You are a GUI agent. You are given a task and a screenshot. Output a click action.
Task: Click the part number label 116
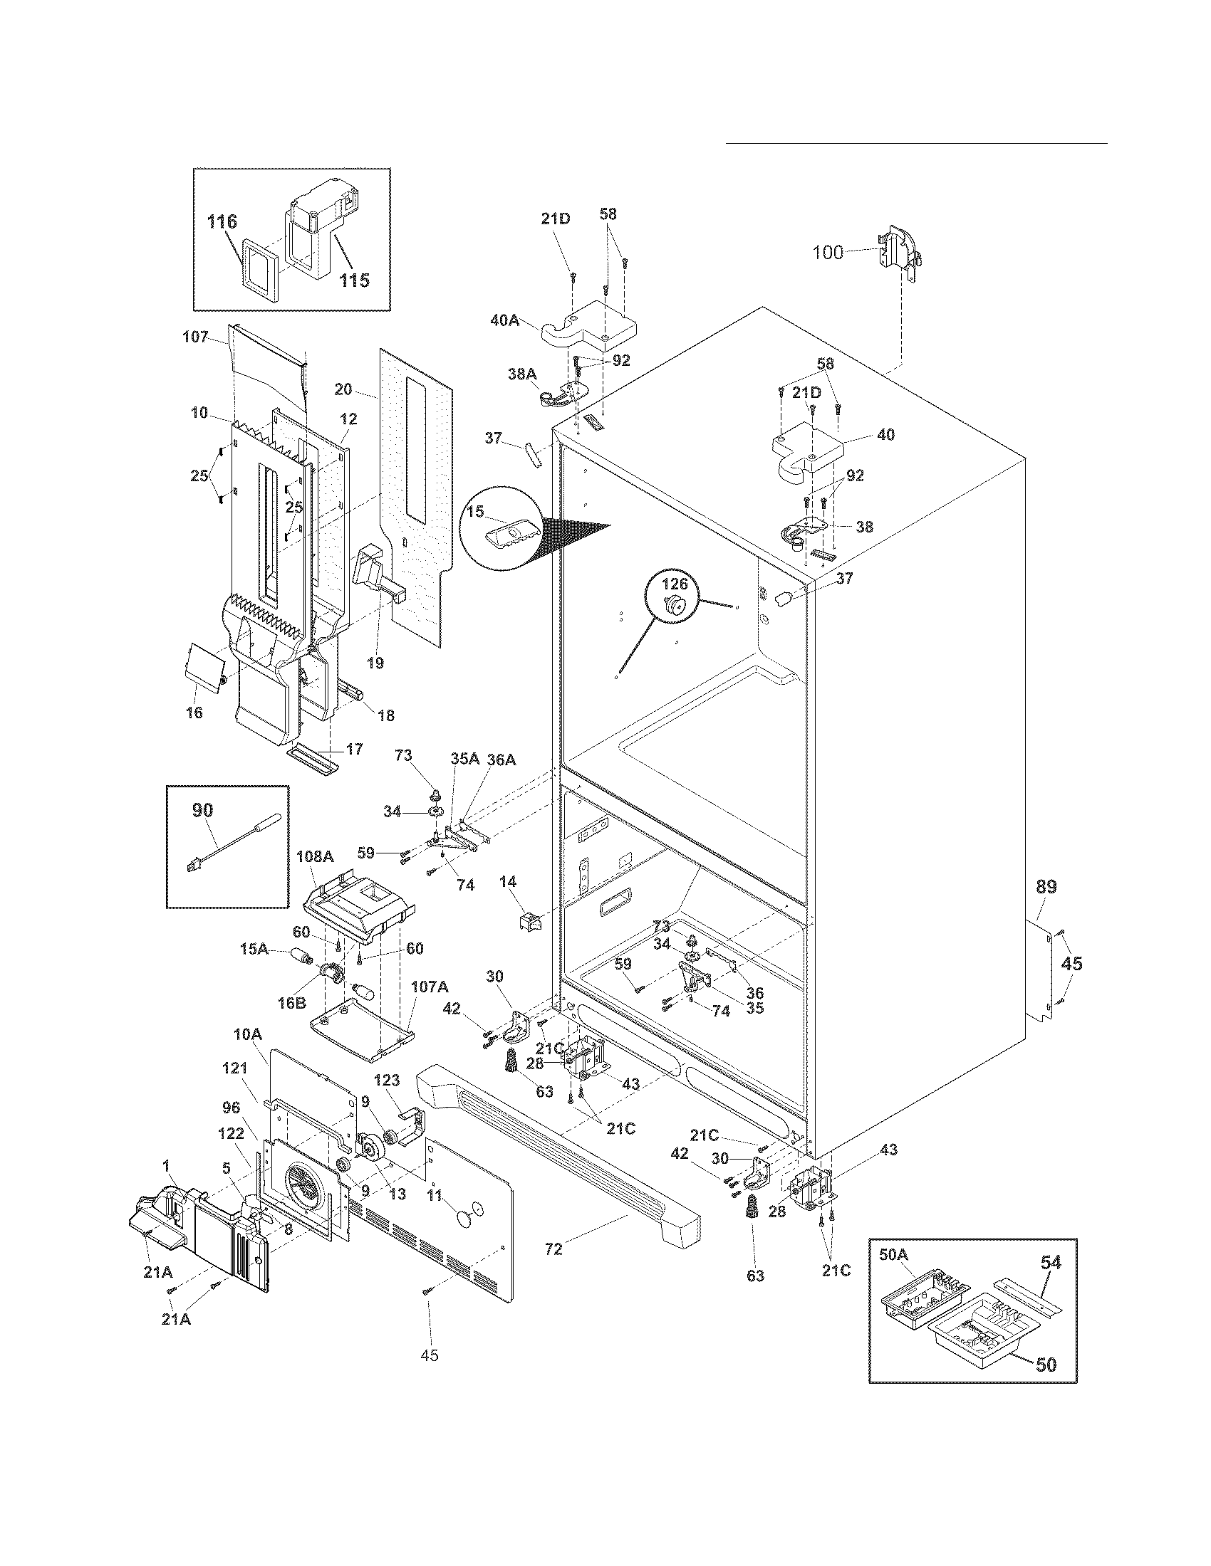click(x=222, y=221)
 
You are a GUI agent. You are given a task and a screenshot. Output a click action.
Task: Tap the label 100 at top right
click(x=828, y=253)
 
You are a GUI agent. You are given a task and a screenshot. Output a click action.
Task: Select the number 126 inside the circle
click(x=674, y=584)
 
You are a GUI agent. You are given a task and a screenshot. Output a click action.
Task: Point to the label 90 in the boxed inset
click(x=202, y=810)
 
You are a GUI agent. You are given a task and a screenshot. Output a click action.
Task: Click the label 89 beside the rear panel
click(x=1046, y=887)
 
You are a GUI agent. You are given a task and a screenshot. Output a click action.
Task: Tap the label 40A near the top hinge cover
click(x=504, y=320)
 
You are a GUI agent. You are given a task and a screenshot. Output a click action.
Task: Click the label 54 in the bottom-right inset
click(x=1050, y=1262)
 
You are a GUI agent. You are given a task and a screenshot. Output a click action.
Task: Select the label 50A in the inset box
click(x=893, y=1254)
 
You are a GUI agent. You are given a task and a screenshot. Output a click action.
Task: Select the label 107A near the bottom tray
click(x=429, y=987)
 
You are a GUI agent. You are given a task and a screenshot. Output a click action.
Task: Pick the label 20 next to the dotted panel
click(x=343, y=389)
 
